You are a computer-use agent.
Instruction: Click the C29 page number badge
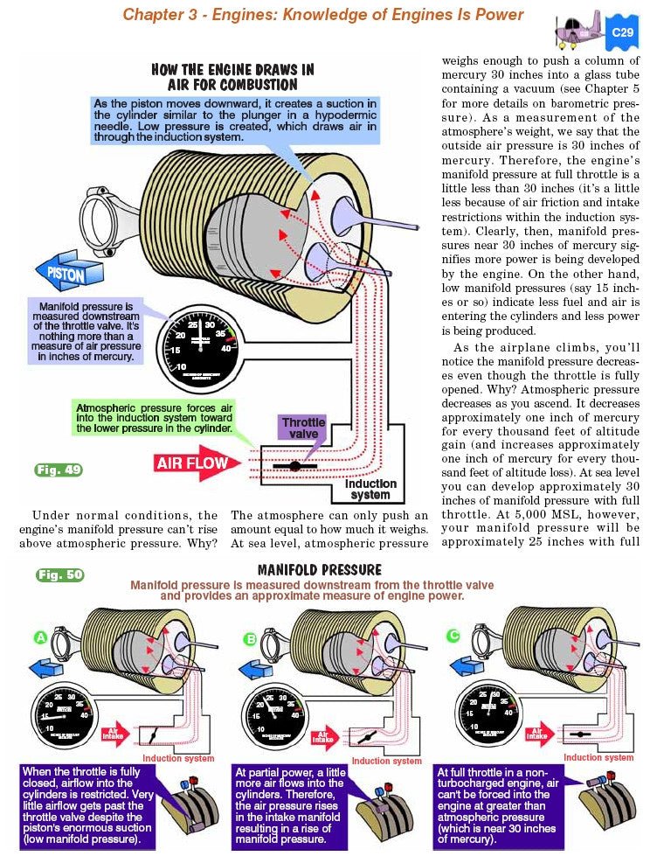[x=623, y=32]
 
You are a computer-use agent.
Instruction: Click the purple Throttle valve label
[x=303, y=428]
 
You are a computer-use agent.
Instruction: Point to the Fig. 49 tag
[x=59, y=470]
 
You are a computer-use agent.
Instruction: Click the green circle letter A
[x=40, y=638]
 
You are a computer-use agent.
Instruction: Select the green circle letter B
[x=251, y=639]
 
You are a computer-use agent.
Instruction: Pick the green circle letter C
[x=453, y=636]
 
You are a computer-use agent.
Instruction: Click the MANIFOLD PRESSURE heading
[x=320, y=570]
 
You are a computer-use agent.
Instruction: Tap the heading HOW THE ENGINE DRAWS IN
[x=232, y=69]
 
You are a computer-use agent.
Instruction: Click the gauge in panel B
[x=277, y=700]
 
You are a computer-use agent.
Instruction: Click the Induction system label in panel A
[x=178, y=758]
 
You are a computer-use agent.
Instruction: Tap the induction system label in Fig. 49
[x=370, y=489]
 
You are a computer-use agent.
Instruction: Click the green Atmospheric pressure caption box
[x=154, y=419]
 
